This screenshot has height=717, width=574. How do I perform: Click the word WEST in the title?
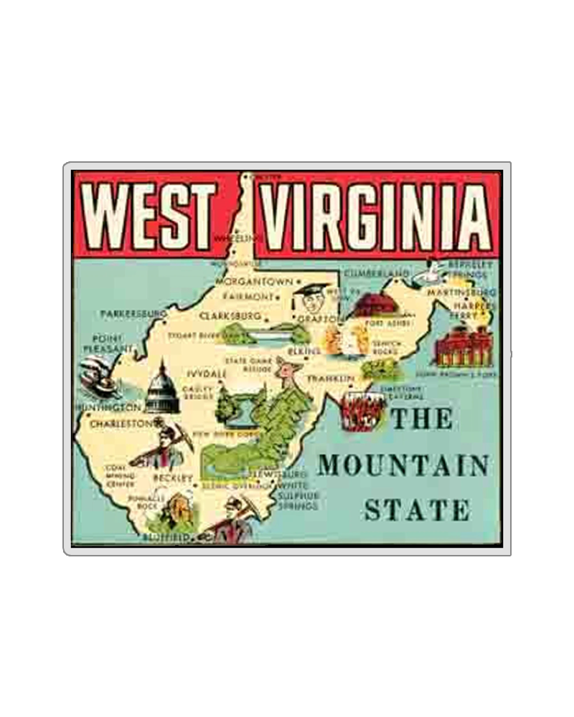pos(154,216)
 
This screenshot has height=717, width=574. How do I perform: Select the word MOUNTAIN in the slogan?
pos(403,466)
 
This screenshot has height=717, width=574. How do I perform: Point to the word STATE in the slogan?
pos(417,511)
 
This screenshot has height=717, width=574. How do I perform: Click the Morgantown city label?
pos(254,282)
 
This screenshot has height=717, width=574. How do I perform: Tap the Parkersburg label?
pos(133,314)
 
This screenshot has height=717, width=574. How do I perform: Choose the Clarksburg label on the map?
pos(230,315)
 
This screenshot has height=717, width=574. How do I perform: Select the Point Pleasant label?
pos(108,343)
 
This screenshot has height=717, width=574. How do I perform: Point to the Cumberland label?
pos(376,274)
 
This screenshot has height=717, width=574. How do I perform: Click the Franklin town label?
pos(331,378)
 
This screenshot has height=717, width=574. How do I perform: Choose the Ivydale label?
pos(207,374)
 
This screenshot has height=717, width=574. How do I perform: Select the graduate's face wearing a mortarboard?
pos(309,301)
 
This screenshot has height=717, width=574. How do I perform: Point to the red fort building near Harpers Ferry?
pos(464,347)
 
